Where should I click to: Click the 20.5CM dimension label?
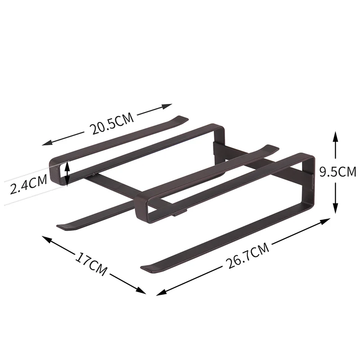[112, 123]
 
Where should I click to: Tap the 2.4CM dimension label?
[28, 184]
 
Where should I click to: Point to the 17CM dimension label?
[91, 264]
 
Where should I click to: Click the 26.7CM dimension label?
[247, 255]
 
